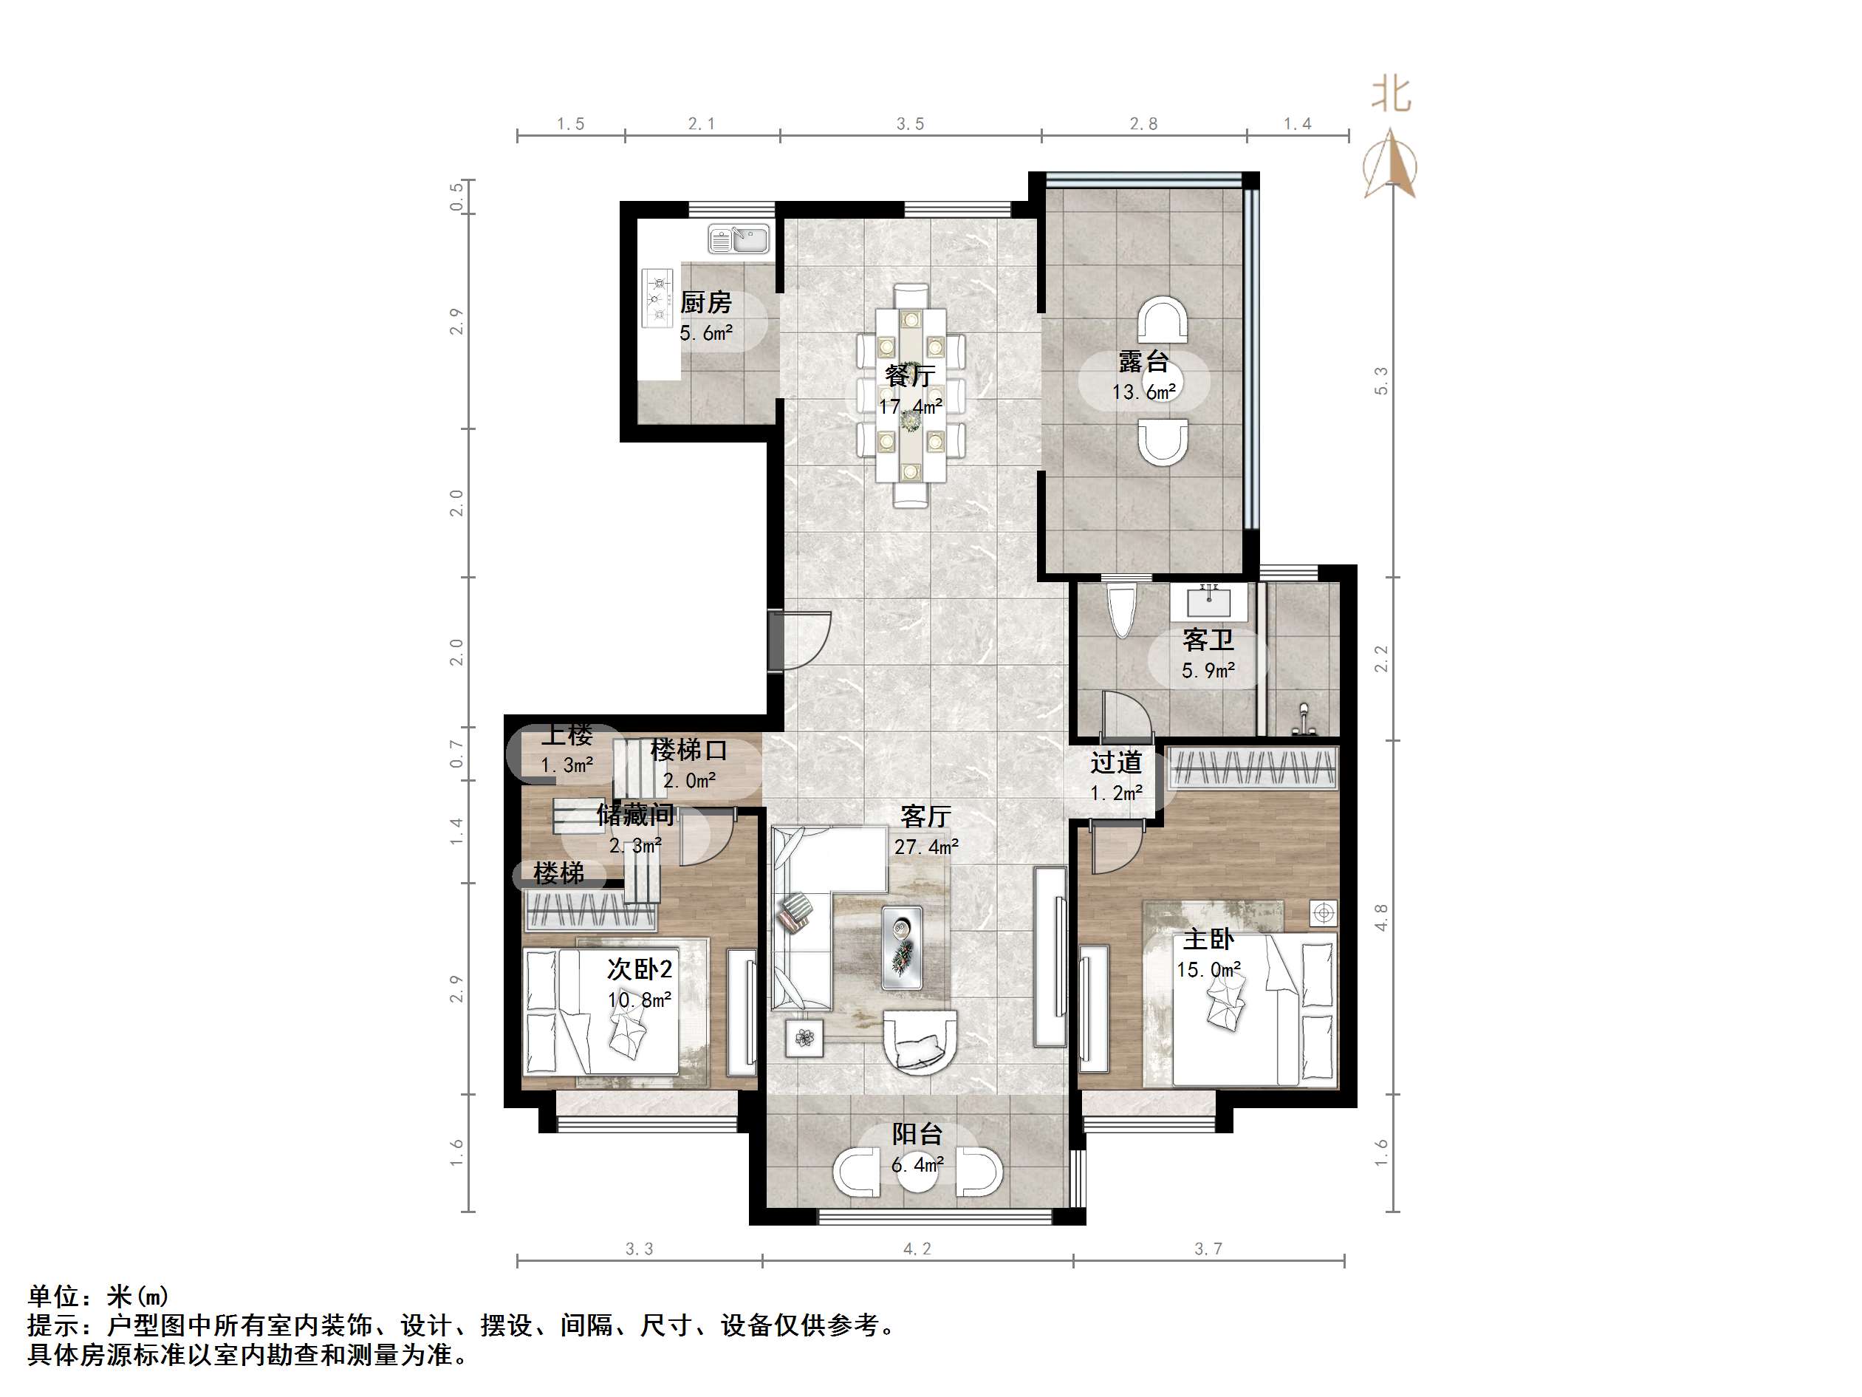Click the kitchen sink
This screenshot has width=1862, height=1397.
[739, 240]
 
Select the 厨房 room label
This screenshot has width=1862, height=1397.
[705, 302]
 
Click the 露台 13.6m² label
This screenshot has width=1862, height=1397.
[1143, 377]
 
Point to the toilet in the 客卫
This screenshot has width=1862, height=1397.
[1122, 609]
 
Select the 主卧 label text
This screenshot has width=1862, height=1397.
[1208, 939]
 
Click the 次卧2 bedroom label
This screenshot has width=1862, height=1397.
[640, 969]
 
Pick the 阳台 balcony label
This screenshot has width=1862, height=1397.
[917, 1134]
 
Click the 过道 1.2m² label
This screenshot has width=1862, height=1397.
[1116, 776]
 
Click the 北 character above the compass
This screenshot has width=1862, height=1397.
[1391, 94]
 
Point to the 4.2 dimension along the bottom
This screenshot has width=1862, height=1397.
[917, 1249]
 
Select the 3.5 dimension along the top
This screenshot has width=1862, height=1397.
[910, 124]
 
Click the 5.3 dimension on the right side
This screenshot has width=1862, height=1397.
[1380, 380]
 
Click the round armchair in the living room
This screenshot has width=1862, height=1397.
[920, 1041]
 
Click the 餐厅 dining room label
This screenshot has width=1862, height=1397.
[909, 375]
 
